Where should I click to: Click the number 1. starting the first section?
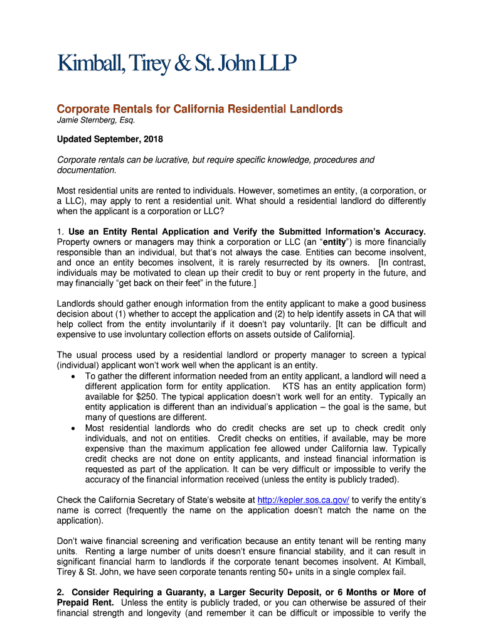pyautogui.click(x=61, y=231)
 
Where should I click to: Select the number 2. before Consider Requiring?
pyautogui.click(x=61, y=592)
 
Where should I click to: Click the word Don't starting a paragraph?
pyautogui.click(x=68, y=540)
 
